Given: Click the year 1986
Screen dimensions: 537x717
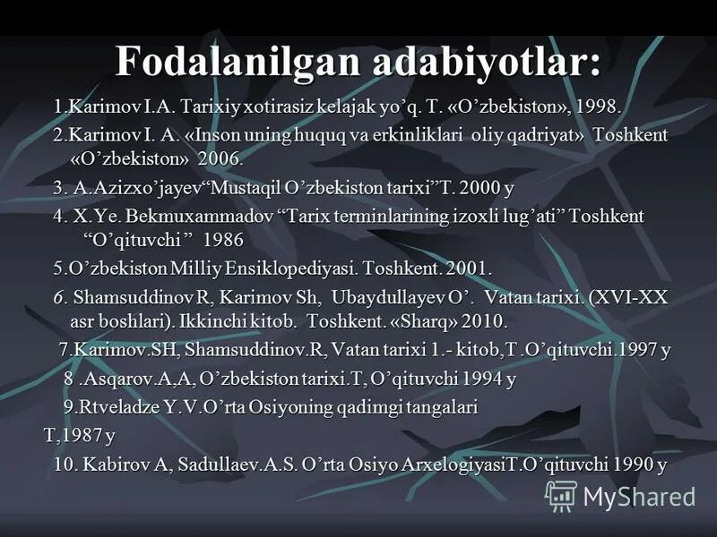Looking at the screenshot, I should [x=223, y=241].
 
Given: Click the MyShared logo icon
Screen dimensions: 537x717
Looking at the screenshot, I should [x=561, y=495].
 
